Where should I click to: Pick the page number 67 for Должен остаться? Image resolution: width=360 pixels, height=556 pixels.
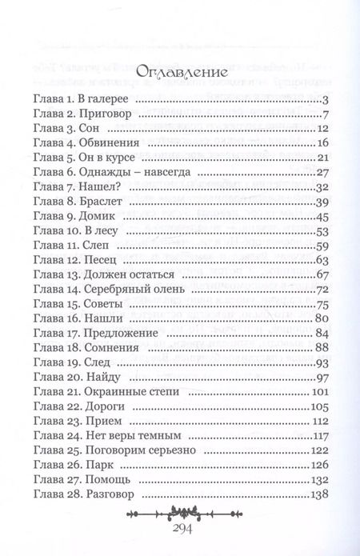(323, 274)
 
